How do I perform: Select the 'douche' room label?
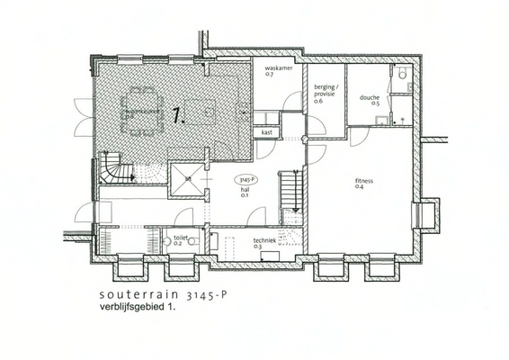370,97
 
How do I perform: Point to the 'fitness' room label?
364,181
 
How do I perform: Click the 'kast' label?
267,132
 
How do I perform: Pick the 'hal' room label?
244,190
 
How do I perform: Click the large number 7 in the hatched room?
178,114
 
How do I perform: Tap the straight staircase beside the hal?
290,198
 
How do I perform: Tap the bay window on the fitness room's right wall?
426,214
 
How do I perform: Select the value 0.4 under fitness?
359,187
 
